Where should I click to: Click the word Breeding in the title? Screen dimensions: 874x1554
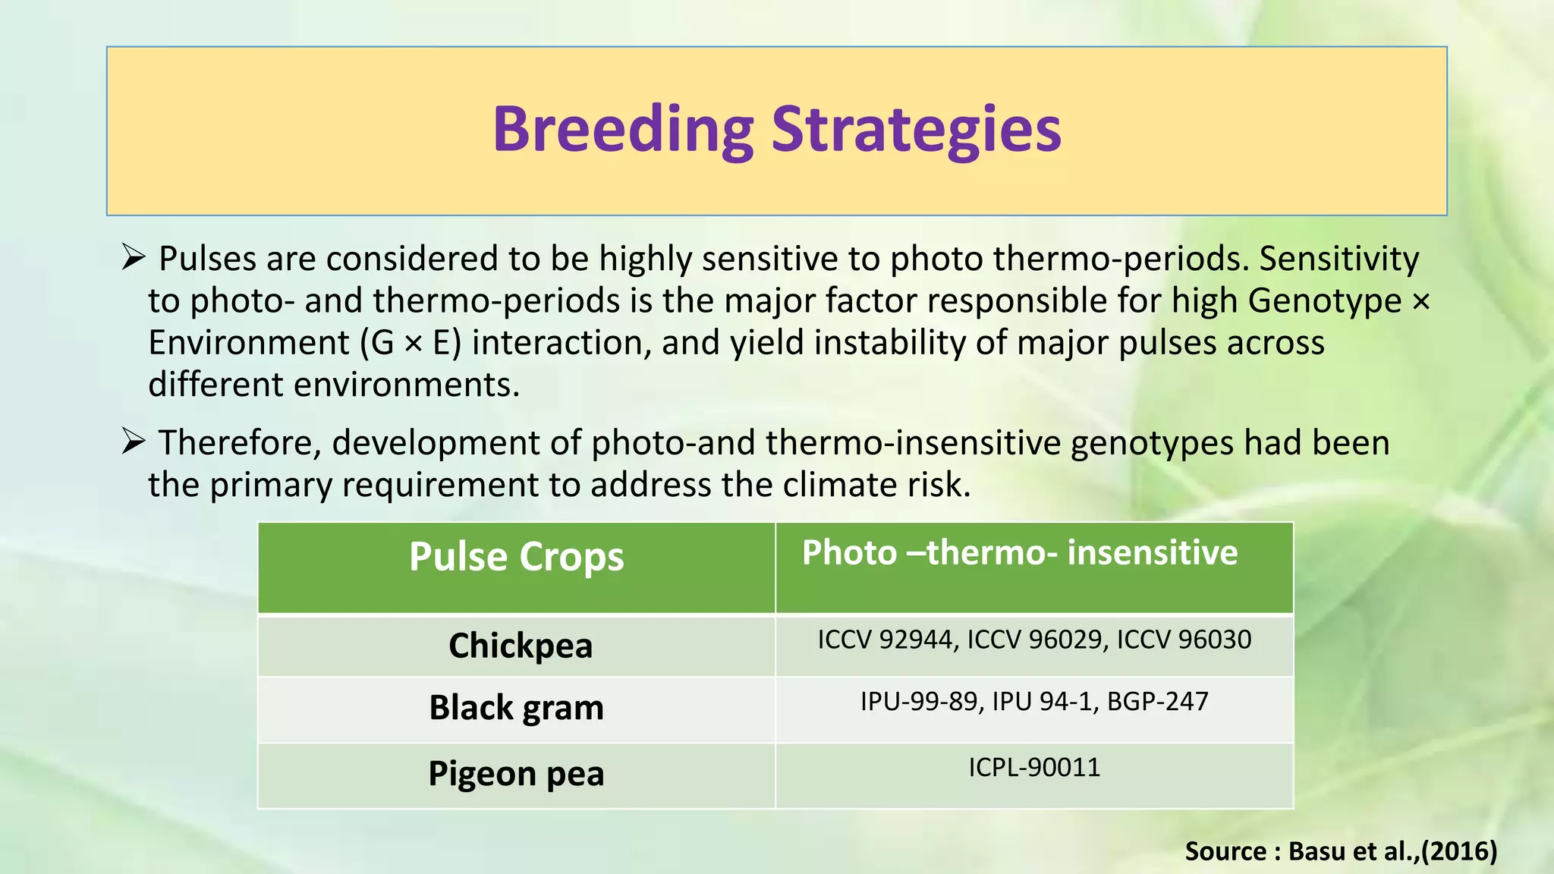(622, 130)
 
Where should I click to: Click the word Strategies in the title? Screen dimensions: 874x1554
(916, 130)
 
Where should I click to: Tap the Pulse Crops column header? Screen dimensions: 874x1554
(516, 557)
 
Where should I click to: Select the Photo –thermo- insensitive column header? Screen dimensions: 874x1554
(1019, 552)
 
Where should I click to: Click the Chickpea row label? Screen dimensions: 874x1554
(520, 646)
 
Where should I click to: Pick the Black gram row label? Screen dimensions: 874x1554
(516, 708)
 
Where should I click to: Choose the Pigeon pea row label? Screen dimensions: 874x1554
(516, 774)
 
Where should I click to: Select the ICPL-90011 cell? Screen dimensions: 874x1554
(1033, 767)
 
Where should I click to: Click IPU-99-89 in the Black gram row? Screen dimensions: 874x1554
(918, 701)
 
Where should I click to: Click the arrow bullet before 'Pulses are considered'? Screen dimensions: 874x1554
(133, 258)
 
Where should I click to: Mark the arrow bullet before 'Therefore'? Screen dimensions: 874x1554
(133, 442)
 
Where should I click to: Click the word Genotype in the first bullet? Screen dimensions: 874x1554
(1324, 300)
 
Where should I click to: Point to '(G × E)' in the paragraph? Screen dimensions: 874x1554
(411, 343)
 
